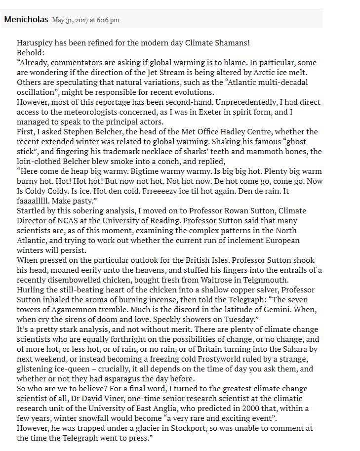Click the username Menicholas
[26, 19]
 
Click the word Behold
[30, 53]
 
